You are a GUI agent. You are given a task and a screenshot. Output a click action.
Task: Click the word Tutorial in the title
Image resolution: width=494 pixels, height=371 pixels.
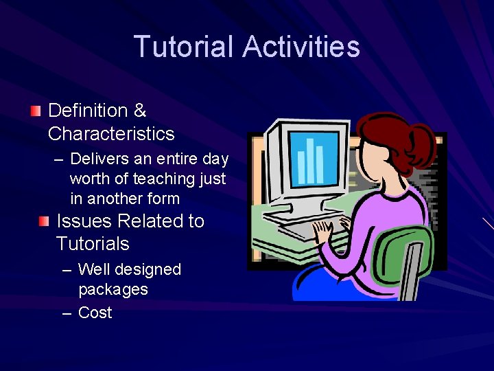click(185, 47)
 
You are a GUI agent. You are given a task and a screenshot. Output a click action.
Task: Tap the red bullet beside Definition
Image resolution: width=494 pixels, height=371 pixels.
click(36, 111)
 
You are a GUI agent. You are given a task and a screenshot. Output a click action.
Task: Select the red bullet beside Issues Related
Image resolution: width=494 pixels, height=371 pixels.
click(44, 221)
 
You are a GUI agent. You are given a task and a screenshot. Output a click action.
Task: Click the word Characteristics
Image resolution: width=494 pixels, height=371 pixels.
click(111, 133)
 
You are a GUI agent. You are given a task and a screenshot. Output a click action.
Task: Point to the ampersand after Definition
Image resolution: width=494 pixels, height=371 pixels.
click(140, 111)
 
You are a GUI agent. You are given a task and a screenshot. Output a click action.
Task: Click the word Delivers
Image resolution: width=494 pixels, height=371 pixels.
click(99, 159)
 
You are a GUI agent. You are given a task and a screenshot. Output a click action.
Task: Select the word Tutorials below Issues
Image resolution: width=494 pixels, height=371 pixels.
click(93, 244)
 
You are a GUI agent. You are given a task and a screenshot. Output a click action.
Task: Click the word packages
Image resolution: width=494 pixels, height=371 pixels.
click(113, 289)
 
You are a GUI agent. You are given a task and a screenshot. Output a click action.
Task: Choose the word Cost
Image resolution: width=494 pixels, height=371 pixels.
click(95, 313)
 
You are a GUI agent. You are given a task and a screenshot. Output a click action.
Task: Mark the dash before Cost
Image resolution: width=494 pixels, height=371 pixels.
click(67, 313)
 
